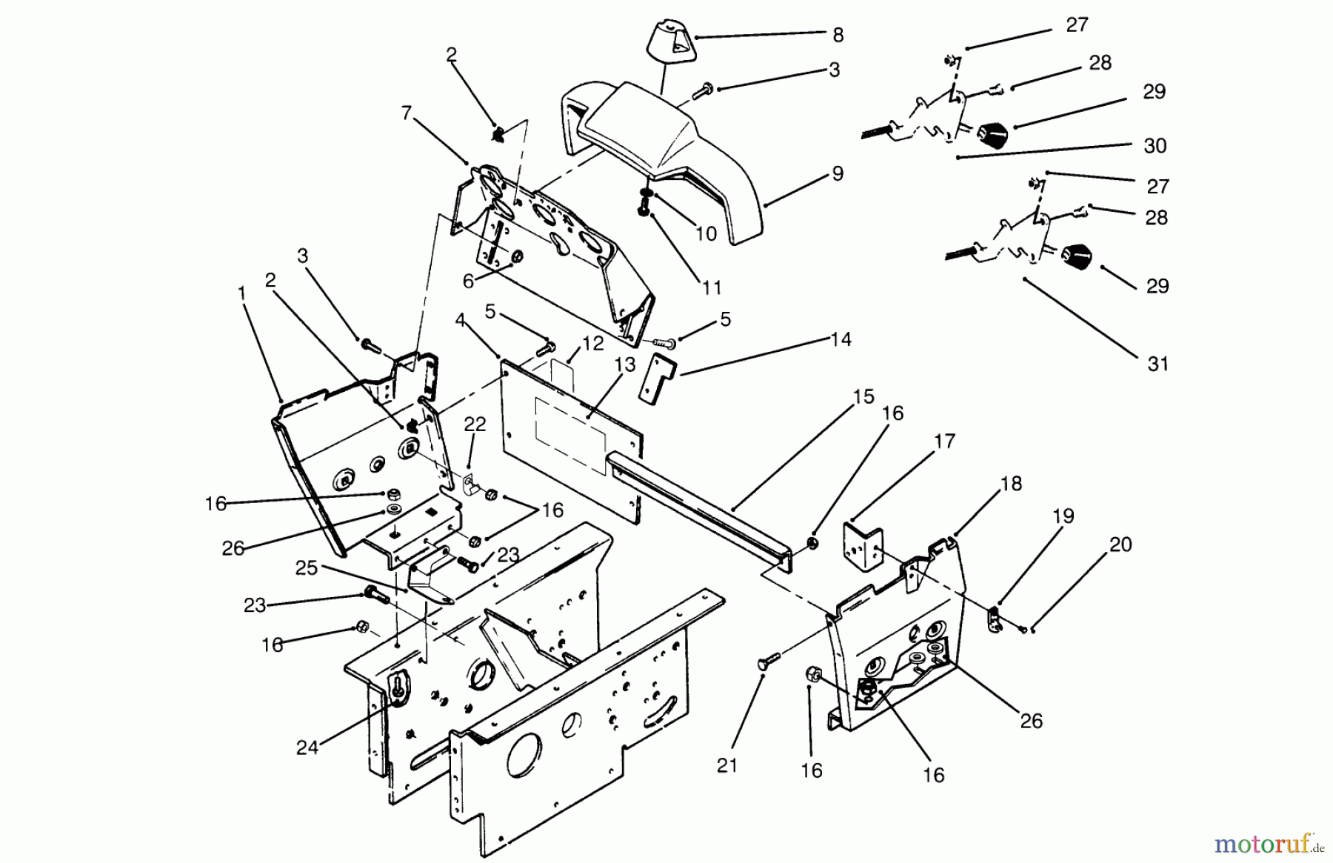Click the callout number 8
pyautogui.click(x=838, y=36)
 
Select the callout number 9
pyautogui.click(x=838, y=174)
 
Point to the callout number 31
pyautogui.click(x=1157, y=364)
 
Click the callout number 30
pyautogui.click(x=1155, y=146)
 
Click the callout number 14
pyautogui.click(x=841, y=339)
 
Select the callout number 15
pyautogui.click(x=863, y=396)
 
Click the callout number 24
pyautogui.click(x=307, y=747)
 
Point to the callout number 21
pyautogui.click(x=727, y=764)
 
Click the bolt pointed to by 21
pyautogui.click(x=766, y=659)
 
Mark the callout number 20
pyautogui.click(x=1120, y=544)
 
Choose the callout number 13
pyautogui.click(x=625, y=364)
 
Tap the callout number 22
pyautogui.click(x=475, y=424)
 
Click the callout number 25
pyautogui.click(x=307, y=567)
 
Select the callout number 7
pyautogui.click(x=405, y=113)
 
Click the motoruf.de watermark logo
pyautogui.click(x=1263, y=842)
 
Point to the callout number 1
pyautogui.click(x=241, y=293)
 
